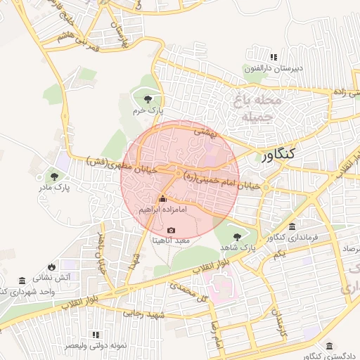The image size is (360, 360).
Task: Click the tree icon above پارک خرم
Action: click(148, 99)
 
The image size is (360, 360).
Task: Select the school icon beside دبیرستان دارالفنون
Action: click(273, 56)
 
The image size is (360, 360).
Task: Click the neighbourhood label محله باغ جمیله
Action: click(262, 109)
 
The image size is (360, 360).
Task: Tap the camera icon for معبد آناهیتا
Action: click(172, 230)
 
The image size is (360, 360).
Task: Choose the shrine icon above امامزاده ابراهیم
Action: click(163, 199)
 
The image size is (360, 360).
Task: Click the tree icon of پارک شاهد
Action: click(237, 237)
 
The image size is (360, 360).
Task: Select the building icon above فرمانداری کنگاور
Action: click(292, 226)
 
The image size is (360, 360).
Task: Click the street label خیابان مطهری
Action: click(116, 161)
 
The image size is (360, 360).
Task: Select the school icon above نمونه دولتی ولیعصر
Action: click(96, 335)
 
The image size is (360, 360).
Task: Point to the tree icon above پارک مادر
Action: click(54, 176)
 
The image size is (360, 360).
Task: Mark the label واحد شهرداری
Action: click(28, 290)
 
